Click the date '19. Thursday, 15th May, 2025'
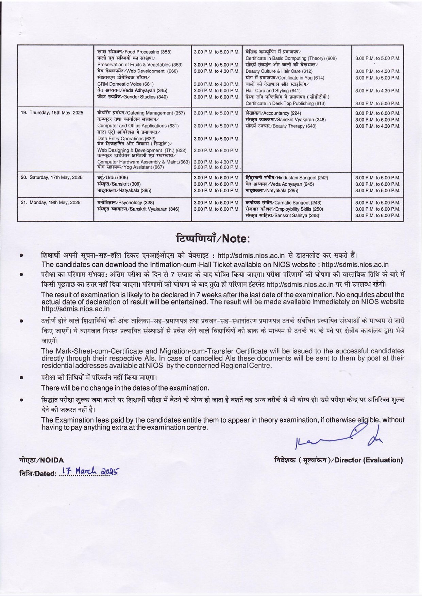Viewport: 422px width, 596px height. pyautogui.click(x=52, y=113)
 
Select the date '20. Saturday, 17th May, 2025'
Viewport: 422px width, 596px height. pyautogui.click(x=52, y=177)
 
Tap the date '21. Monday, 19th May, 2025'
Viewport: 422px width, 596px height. pyautogui.click(x=51, y=203)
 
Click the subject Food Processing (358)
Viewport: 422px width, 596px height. pyautogui.click(x=134, y=52)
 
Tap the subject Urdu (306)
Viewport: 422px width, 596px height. pyautogui.click(x=113, y=178)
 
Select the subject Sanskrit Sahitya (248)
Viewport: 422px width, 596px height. pyautogui.click(x=282, y=215)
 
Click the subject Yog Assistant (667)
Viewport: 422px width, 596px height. pyautogui.click(x=131, y=167)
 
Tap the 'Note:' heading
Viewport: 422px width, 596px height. pyautogui.click(x=213, y=238)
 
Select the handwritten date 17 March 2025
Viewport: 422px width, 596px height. pyautogui.click(x=89, y=472)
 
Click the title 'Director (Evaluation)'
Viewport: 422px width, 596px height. pyautogui.click(x=339, y=460)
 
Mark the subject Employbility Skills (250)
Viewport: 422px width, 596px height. pyautogui.click(x=284, y=209)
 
